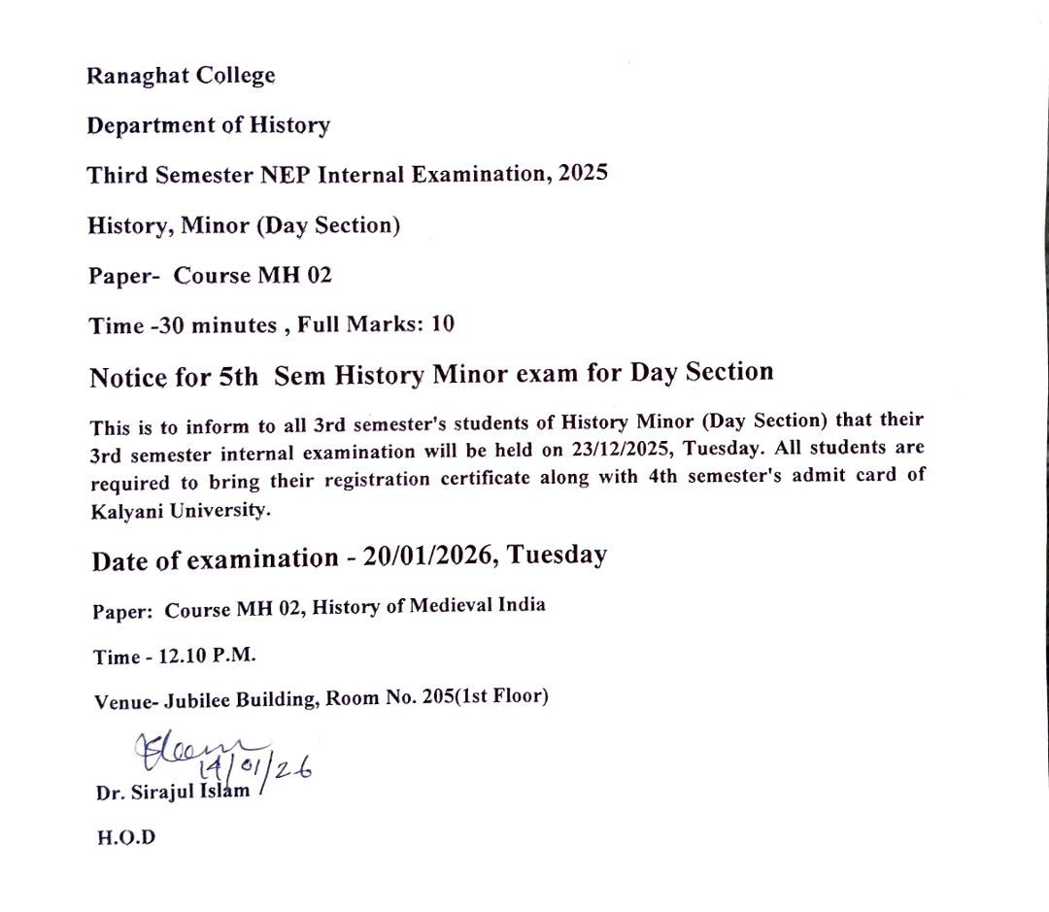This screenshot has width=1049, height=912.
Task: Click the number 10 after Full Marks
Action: (x=443, y=324)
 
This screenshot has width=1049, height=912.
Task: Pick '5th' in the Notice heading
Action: (x=238, y=377)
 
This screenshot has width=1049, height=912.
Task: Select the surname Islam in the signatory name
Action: (x=226, y=791)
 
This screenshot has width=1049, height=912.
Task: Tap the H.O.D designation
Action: (x=125, y=837)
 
